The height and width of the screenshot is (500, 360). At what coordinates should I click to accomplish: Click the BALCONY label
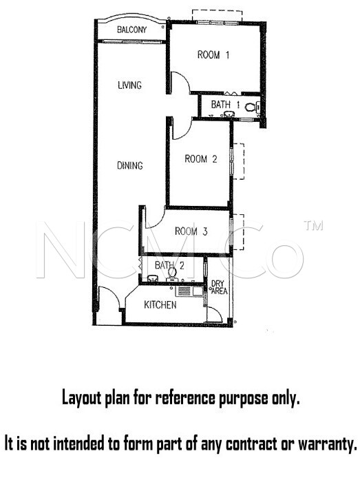click(132, 30)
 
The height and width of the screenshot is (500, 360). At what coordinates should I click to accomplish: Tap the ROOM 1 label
click(213, 54)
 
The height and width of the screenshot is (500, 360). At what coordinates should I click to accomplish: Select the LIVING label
click(129, 85)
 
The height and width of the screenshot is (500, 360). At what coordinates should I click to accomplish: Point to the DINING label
click(130, 165)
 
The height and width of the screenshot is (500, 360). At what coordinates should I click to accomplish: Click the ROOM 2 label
click(201, 158)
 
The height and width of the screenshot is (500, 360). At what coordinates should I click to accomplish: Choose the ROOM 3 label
click(191, 231)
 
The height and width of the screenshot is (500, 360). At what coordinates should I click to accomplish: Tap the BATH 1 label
click(225, 104)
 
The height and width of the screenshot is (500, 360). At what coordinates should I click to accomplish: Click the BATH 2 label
click(169, 265)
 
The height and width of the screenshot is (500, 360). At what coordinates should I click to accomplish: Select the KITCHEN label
click(160, 304)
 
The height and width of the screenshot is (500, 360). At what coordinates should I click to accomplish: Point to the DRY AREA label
click(219, 287)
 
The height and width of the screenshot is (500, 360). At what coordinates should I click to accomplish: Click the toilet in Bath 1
click(253, 107)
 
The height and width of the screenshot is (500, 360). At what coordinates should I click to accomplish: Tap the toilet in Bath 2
click(172, 274)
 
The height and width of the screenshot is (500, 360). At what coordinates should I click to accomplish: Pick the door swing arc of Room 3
click(158, 223)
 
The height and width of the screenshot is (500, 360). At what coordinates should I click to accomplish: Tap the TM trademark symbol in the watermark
click(314, 225)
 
